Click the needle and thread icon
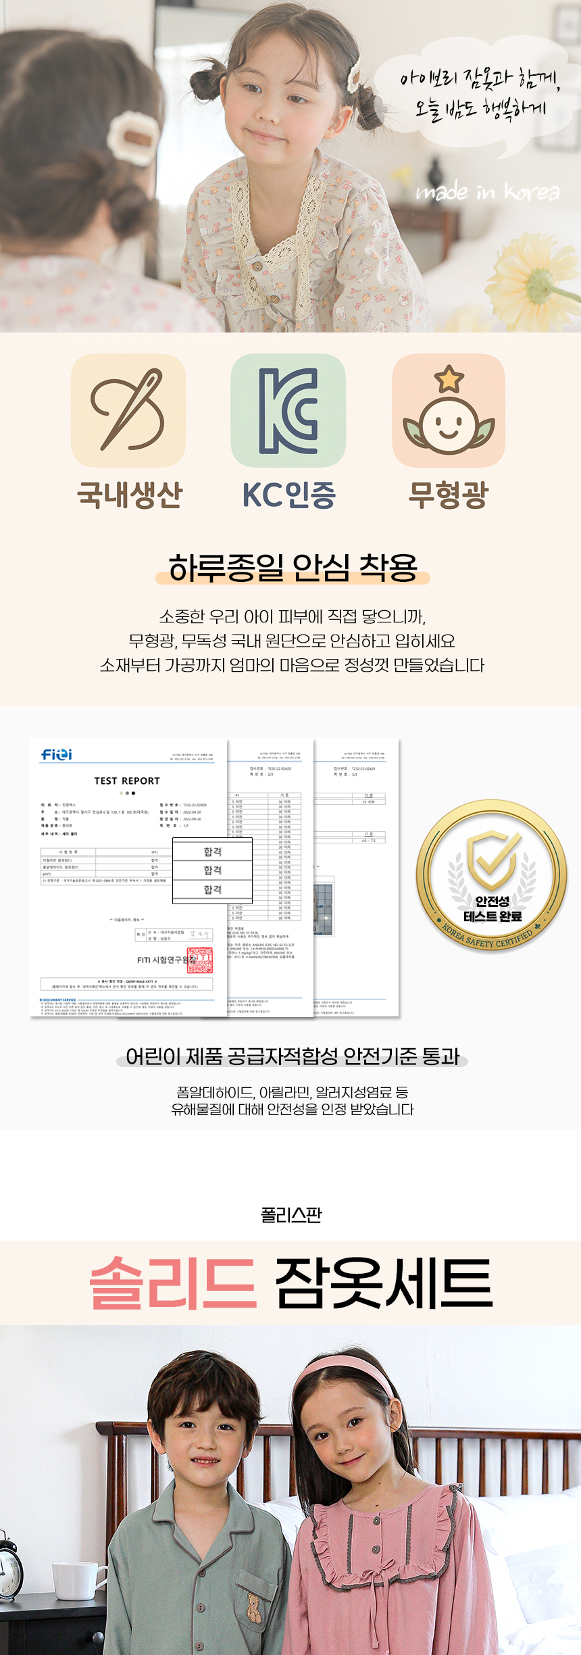128,410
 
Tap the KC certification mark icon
288,410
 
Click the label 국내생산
130,495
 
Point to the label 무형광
448,495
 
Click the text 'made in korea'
487,193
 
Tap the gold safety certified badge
492,876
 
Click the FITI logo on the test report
57,754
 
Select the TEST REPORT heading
127,781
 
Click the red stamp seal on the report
199,960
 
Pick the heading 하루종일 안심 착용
293,568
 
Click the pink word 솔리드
173,1283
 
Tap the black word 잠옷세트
384,1283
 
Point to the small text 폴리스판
291,1215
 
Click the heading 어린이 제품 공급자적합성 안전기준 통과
292,1056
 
